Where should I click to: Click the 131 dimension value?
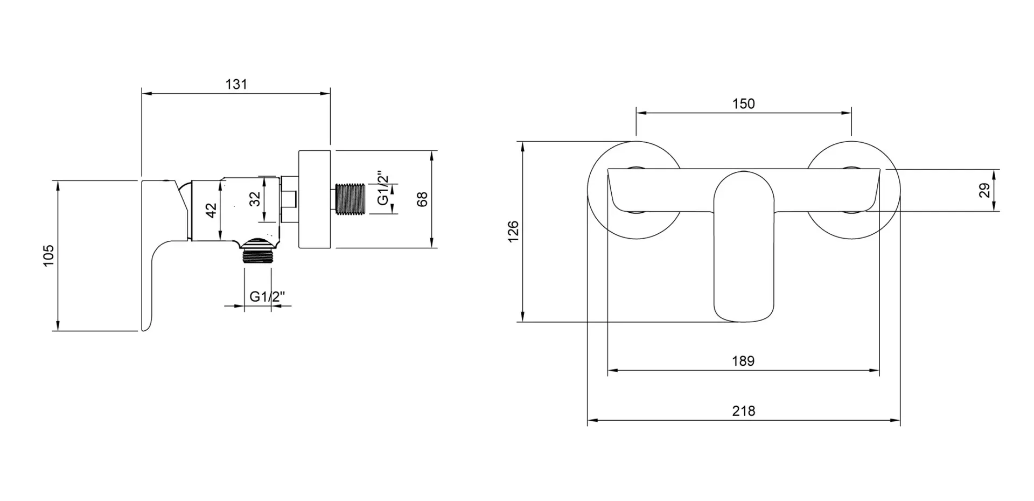click(x=236, y=85)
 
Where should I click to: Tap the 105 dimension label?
click(x=49, y=255)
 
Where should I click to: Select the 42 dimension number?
click(x=211, y=210)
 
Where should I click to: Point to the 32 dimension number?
click(x=255, y=199)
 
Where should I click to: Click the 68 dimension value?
click(x=422, y=199)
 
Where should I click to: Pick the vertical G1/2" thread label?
click(x=382, y=189)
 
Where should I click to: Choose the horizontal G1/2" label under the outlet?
click(x=267, y=296)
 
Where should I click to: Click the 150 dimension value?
click(x=743, y=103)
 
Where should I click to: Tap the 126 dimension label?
click(x=514, y=231)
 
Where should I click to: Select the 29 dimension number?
click(x=984, y=190)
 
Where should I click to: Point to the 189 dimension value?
click(x=743, y=361)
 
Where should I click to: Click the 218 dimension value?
click(x=743, y=411)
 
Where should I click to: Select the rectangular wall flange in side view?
click(x=314, y=199)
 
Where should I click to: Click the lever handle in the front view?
click(x=744, y=246)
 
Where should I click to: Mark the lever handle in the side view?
click(x=162, y=253)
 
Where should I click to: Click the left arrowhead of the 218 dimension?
click(x=591, y=420)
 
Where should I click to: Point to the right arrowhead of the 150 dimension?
click(x=847, y=113)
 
